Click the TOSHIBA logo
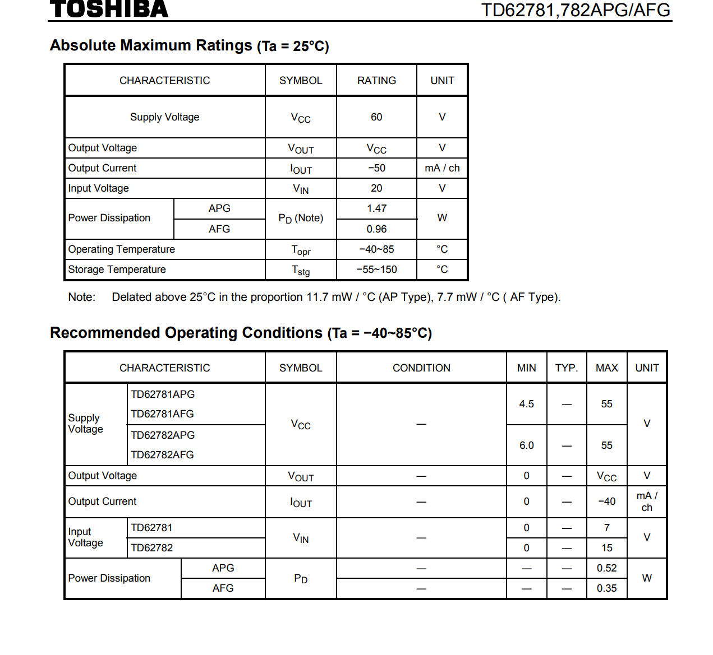point(109,8)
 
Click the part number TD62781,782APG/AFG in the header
point(576,10)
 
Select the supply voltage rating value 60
point(376,117)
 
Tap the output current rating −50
point(376,168)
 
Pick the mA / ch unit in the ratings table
point(442,168)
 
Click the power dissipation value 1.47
point(376,208)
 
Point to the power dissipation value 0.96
point(376,229)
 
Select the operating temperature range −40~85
point(376,249)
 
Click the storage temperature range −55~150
point(376,270)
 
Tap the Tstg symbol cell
point(301,270)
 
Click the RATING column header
point(376,81)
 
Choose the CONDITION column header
point(421,368)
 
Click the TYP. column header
point(567,368)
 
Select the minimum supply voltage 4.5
point(526,404)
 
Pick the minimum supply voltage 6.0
point(526,445)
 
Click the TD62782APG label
point(163,435)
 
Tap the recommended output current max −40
point(606,501)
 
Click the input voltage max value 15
point(606,548)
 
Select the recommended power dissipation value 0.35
point(606,588)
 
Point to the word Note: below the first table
point(82,298)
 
